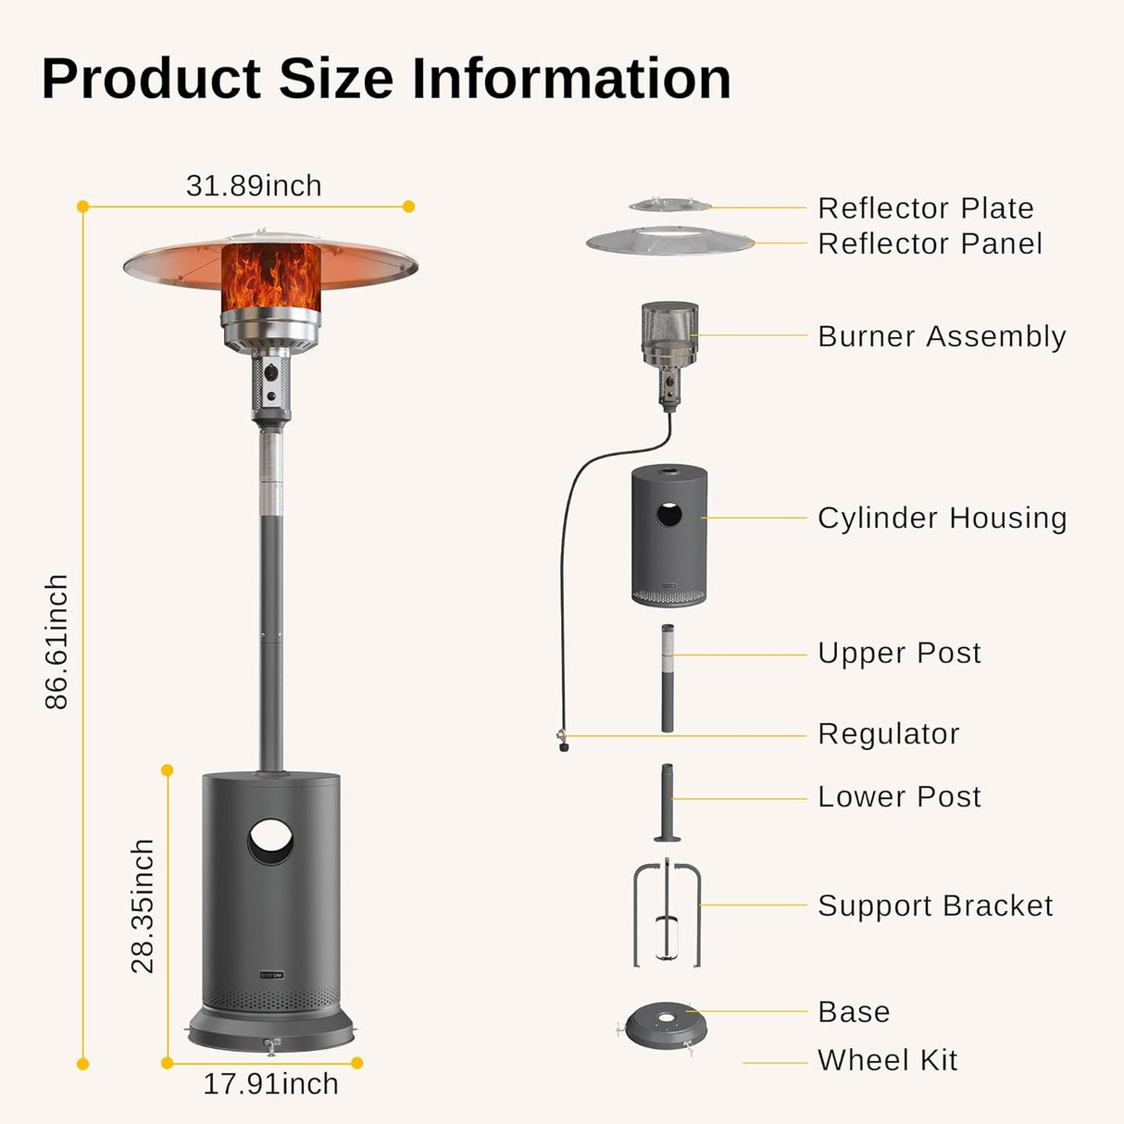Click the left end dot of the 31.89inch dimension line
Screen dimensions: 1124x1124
click(x=82, y=206)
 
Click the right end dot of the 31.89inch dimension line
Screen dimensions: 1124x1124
click(x=409, y=206)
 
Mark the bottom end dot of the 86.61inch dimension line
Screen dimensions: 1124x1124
click(x=82, y=1064)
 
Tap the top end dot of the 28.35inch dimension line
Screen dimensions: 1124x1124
click(x=168, y=770)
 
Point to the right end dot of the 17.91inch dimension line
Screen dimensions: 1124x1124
click(x=357, y=1063)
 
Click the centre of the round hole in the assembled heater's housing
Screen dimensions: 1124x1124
click(x=270, y=842)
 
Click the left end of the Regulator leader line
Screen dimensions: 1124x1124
click(x=567, y=736)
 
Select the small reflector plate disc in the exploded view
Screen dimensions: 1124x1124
click(x=670, y=205)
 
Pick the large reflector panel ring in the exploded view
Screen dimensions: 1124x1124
click(x=670, y=241)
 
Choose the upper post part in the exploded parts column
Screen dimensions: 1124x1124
click(x=668, y=679)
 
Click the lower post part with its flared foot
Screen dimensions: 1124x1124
click(x=668, y=803)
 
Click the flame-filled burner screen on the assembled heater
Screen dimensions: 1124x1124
click(x=270, y=278)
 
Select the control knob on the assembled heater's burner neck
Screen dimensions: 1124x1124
click(x=270, y=369)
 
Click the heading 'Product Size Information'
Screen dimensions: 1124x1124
click(x=386, y=79)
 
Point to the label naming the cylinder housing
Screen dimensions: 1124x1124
click(x=942, y=518)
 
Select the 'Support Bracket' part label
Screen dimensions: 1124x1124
click(x=935, y=905)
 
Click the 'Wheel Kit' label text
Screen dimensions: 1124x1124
click(x=887, y=1060)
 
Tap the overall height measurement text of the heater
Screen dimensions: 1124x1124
click(x=56, y=643)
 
